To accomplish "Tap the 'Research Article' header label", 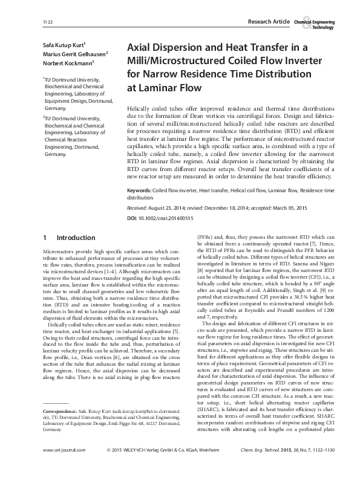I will pyautogui.click(x=269, y=22).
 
